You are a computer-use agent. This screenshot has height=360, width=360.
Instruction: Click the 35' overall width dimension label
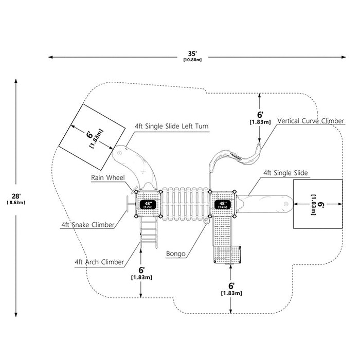(192, 56)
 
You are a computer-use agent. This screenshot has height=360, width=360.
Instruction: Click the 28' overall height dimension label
(16, 199)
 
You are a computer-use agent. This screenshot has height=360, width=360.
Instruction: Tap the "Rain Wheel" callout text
(108, 178)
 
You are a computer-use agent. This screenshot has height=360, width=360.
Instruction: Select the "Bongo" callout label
(176, 254)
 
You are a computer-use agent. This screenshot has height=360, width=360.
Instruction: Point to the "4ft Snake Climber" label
(88, 225)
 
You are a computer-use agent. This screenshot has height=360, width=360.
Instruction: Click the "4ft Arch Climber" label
(99, 262)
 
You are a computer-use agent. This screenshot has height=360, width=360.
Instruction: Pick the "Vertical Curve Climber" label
(311, 121)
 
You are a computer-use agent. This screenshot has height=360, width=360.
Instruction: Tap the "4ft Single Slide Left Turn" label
(172, 126)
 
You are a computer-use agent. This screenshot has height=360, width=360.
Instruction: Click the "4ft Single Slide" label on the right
(285, 173)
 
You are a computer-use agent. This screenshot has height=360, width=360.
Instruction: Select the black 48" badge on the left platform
(148, 205)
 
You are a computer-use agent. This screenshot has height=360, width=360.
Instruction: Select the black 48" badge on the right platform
(223, 205)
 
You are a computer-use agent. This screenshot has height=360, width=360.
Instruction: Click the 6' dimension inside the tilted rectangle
(95, 137)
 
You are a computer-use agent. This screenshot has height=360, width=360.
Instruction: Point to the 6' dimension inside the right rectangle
(317, 205)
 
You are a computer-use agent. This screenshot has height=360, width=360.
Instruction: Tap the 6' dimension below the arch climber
(141, 273)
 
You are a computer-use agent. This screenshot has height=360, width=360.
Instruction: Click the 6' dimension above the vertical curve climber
(260, 118)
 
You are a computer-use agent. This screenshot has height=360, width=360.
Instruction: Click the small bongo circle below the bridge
(206, 221)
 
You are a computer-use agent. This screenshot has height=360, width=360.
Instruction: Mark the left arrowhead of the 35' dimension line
(50, 57)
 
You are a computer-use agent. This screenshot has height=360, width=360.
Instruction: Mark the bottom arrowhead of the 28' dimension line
(16, 315)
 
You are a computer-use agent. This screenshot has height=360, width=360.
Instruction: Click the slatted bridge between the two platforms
(186, 204)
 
